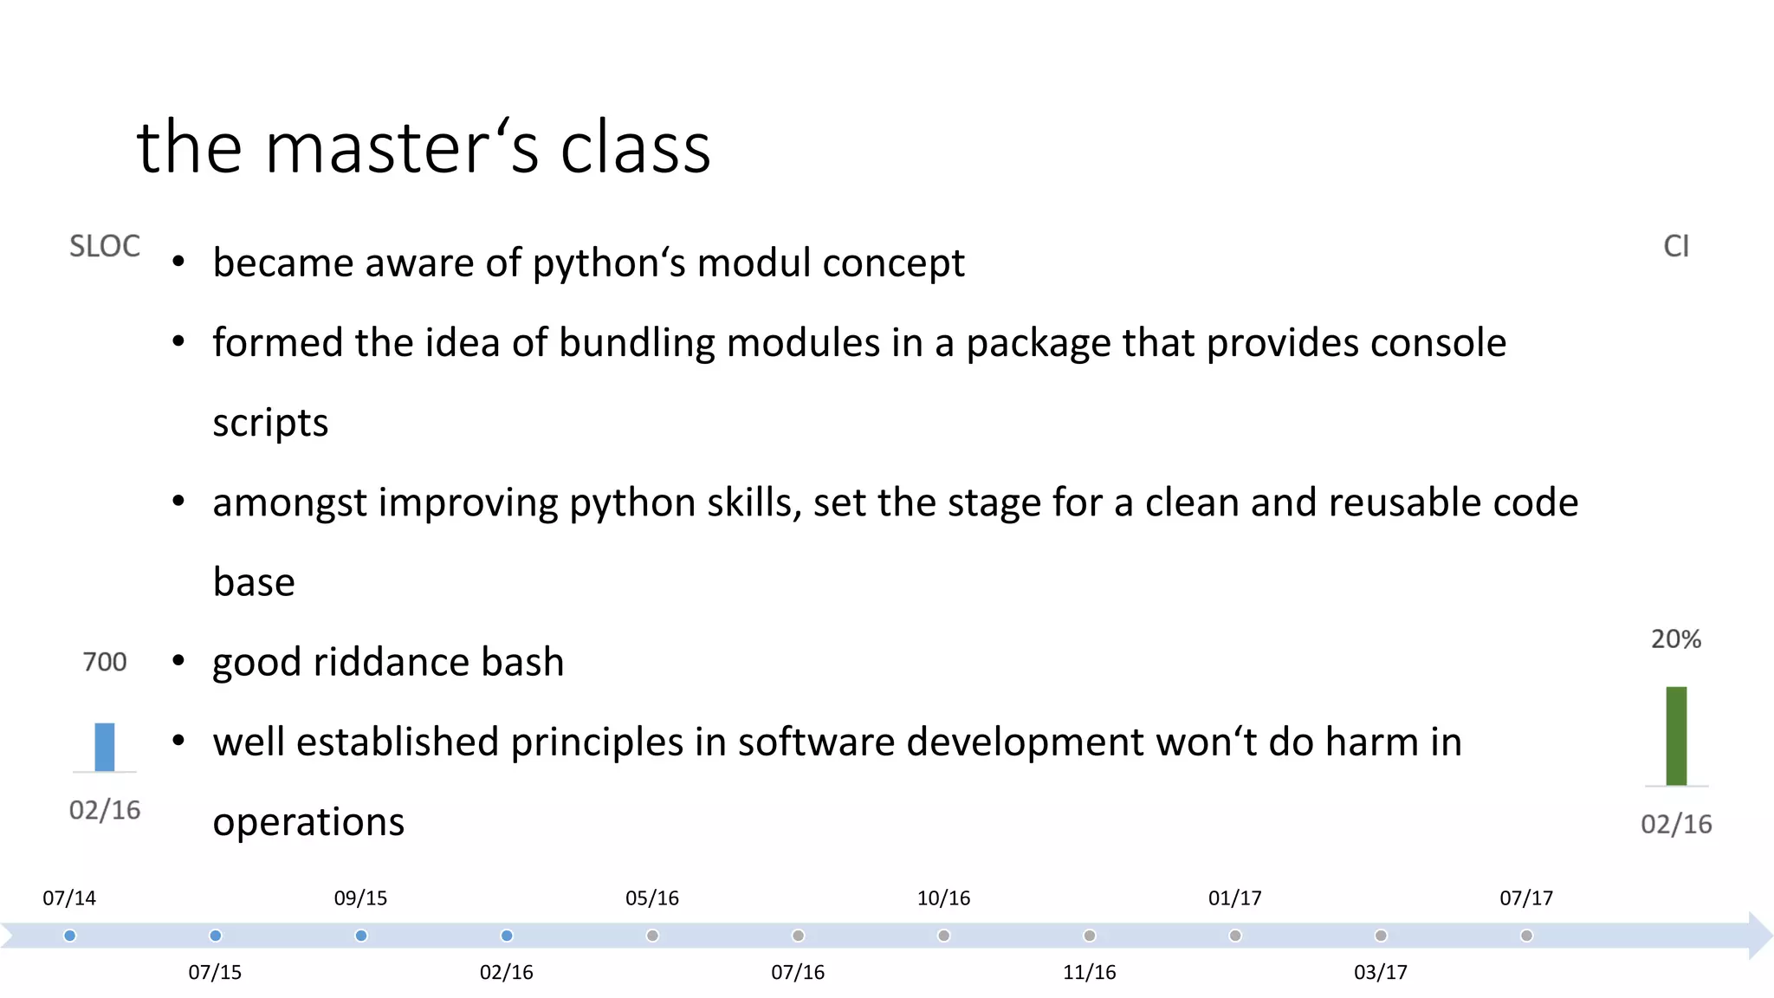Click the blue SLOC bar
coord(104,747)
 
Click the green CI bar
coord(1676,736)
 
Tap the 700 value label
coord(105,662)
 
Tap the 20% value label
coord(1676,639)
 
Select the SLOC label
coord(105,246)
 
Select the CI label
coord(1676,246)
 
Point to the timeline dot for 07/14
coord(70,936)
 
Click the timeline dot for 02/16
coord(507,936)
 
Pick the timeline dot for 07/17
coord(1526,936)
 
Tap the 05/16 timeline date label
coord(652,898)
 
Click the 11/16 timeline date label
coord(1089,973)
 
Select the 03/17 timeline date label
coord(1380,973)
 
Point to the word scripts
coord(270,424)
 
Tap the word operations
coord(308,822)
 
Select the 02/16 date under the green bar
coord(1676,824)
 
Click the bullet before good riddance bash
coord(178,662)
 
